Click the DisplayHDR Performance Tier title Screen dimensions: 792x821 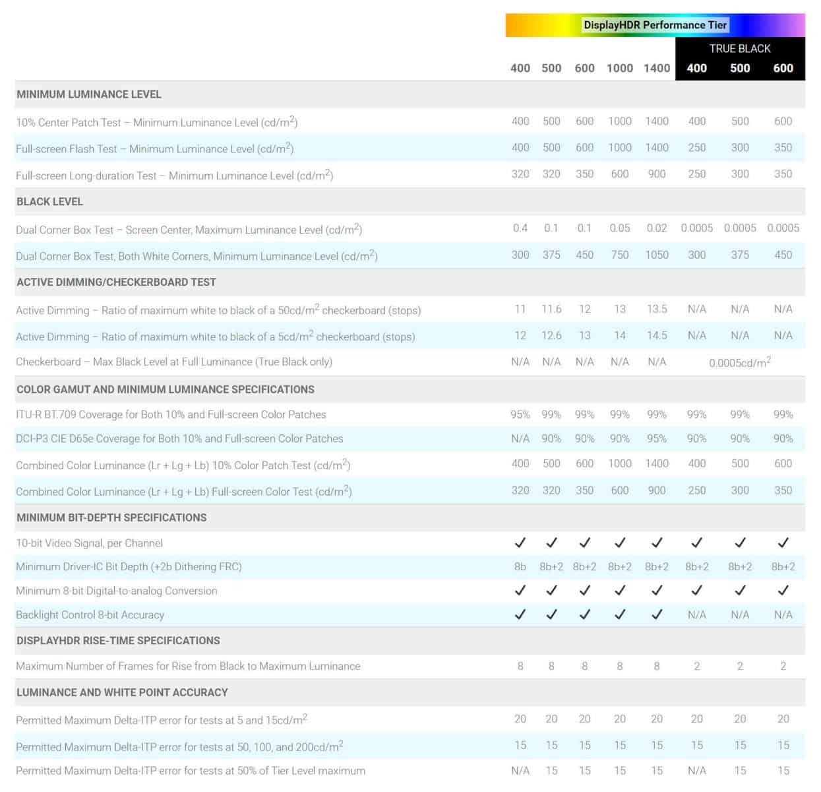(655, 25)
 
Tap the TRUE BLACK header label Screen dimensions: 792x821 (740, 48)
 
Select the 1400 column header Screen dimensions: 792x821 (657, 68)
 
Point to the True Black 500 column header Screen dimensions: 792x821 (740, 68)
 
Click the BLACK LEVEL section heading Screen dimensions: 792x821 (50, 201)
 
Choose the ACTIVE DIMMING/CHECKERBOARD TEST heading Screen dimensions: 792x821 (116, 282)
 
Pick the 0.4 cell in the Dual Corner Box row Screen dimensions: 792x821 (520, 228)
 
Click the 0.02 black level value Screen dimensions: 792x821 (657, 228)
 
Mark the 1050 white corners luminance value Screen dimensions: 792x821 (657, 255)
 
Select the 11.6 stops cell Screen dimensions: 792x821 (551, 309)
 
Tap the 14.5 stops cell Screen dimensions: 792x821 (657, 335)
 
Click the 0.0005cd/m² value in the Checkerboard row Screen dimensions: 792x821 (740, 362)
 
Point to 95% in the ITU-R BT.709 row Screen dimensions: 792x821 (520, 414)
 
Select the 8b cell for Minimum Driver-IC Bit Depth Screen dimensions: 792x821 (520, 566)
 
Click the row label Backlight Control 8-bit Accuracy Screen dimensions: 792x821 (90, 614)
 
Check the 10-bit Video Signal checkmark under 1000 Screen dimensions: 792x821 (620, 543)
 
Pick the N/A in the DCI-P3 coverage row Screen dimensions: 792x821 (520, 438)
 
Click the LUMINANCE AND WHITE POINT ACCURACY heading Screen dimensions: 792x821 (122, 692)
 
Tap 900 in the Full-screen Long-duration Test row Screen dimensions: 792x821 (657, 174)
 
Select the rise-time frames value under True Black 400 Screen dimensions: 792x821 (697, 666)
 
